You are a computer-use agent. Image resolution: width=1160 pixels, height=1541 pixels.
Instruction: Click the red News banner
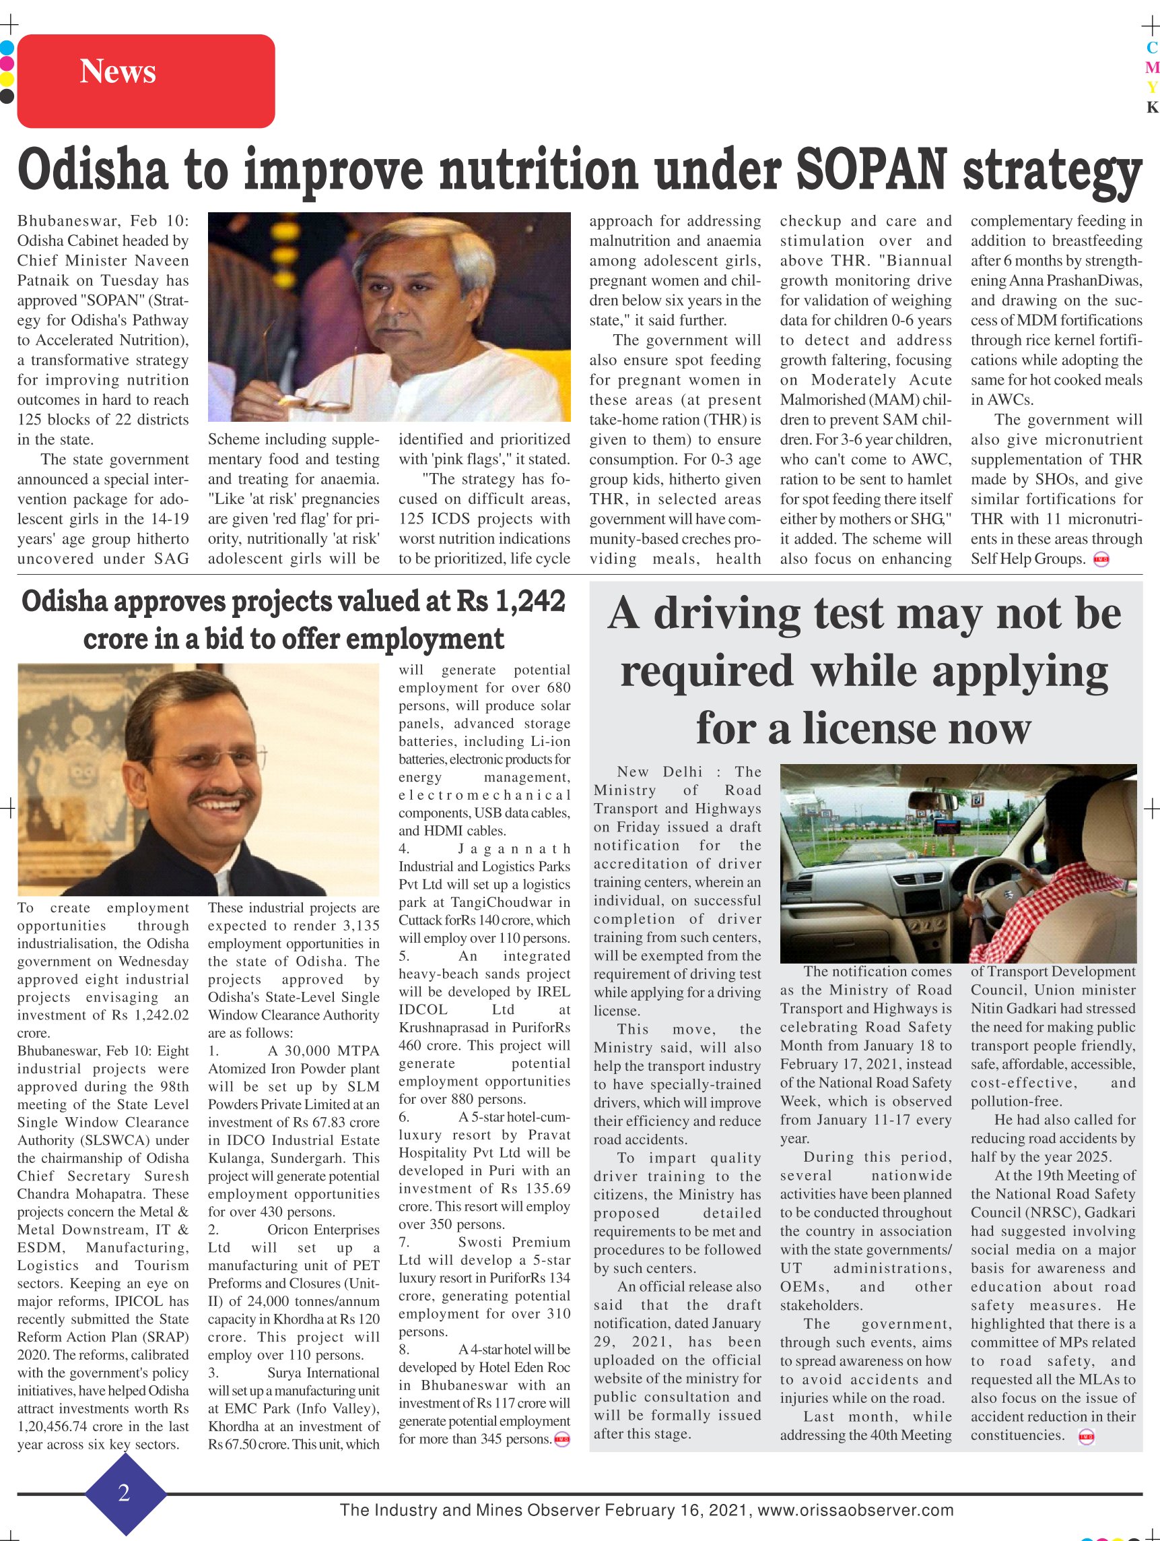145,81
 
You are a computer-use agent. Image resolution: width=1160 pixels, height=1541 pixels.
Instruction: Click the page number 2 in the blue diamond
125,1492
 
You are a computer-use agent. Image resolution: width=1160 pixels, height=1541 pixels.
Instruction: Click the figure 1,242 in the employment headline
529,601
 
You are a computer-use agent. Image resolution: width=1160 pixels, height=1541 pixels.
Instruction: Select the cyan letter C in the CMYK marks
1152,48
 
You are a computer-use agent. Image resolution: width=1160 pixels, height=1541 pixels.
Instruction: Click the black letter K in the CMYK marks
1152,107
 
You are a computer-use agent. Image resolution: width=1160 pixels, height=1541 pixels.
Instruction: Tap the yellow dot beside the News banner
6,79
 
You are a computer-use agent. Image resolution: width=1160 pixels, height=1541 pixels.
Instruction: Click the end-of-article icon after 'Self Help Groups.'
1101,559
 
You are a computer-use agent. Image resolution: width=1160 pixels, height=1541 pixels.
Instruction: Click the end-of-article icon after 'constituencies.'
1085,1436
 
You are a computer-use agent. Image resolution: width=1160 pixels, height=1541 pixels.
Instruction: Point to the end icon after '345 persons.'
561,1439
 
